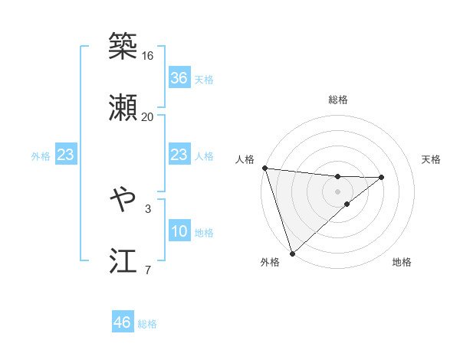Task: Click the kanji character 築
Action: pyautogui.click(x=123, y=47)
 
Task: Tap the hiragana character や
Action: pyautogui.click(x=123, y=200)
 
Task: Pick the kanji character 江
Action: pyautogui.click(x=123, y=261)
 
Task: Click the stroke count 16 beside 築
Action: pyautogui.click(x=147, y=56)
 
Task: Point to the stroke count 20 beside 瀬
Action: pyautogui.click(x=147, y=117)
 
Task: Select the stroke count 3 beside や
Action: pyautogui.click(x=147, y=208)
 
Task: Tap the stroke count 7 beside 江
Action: pyautogui.click(x=147, y=270)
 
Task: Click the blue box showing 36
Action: pyautogui.click(x=179, y=78)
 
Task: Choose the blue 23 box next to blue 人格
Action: pyautogui.click(x=179, y=155)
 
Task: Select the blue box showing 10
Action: pyautogui.click(x=179, y=231)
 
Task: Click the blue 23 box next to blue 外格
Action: pyautogui.click(x=65, y=155)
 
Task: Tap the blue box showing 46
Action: pyautogui.click(x=122, y=322)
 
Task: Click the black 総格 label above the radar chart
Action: pyautogui.click(x=337, y=100)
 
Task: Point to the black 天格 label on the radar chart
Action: pyautogui.click(x=432, y=159)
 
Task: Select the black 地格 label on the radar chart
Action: pyautogui.click(x=402, y=262)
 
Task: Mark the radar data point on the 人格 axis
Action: pyautogui.click(x=264, y=168)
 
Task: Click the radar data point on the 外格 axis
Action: pyautogui.click(x=292, y=253)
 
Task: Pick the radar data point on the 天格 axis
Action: pyautogui.click(x=382, y=177)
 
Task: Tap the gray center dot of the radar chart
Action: pyautogui.click(x=337, y=191)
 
